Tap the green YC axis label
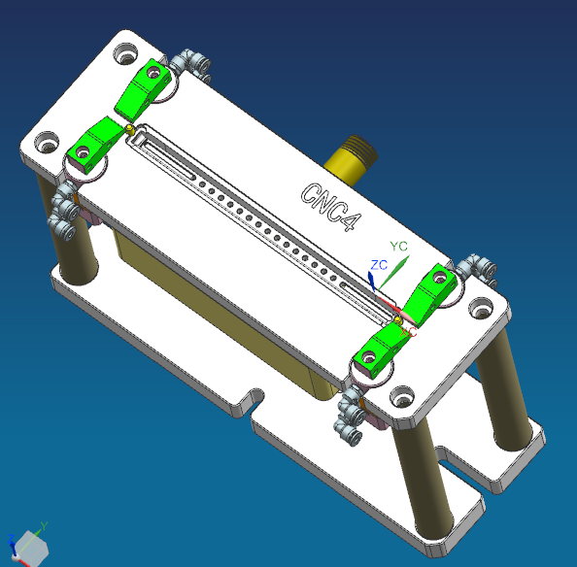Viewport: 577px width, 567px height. click(398, 247)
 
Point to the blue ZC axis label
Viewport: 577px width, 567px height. click(379, 264)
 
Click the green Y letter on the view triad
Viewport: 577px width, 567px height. click(44, 526)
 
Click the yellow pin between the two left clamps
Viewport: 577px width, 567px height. click(128, 126)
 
